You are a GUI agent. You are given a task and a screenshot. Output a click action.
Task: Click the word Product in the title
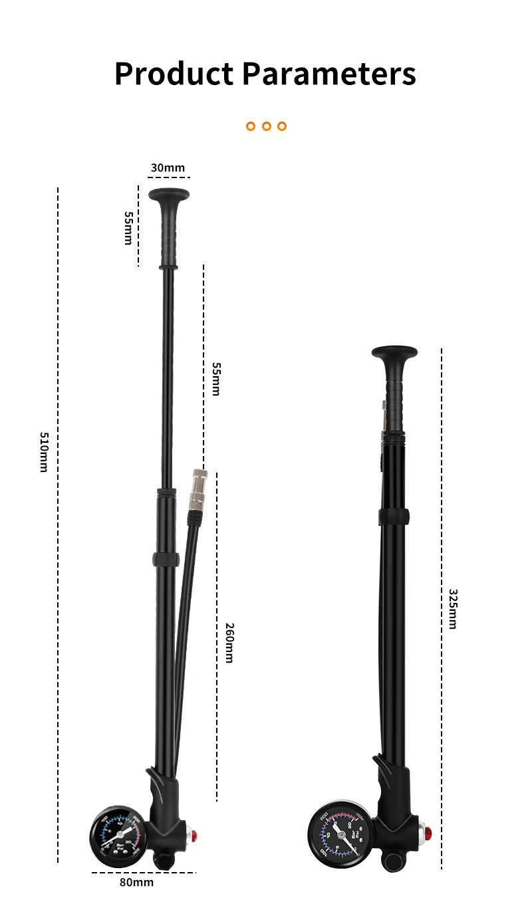pyautogui.click(x=173, y=74)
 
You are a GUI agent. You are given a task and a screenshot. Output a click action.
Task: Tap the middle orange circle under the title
pyautogui.click(x=266, y=126)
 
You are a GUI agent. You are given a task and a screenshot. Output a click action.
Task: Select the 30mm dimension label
pyautogui.click(x=168, y=168)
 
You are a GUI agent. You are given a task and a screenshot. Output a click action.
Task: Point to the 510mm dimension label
pyautogui.click(x=44, y=452)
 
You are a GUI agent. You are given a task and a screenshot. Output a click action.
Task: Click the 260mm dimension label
pyautogui.click(x=229, y=643)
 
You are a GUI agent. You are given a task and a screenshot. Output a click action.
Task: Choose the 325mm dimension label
pyautogui.click(x=453, y=608)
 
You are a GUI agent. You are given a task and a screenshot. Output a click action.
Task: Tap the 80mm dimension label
pyautogui.click(x=136, y=882)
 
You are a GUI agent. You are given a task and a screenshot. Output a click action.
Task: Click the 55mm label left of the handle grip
pyautogui.click(x=128, y=228)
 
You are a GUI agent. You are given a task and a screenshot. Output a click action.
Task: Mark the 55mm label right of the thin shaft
pyautogui.click(x=215, y=379)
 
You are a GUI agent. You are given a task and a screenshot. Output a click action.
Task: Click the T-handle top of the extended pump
pyautogui.click(x=169, y=194)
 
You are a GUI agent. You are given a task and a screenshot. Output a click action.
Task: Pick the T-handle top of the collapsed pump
pyautogui.click(x=394, y=352)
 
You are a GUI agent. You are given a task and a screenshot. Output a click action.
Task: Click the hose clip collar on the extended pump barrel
pyautogui.click(x=166, y=558)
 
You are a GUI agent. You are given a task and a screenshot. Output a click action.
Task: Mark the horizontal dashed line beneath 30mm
pyautogui.click(x=169, y=177)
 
